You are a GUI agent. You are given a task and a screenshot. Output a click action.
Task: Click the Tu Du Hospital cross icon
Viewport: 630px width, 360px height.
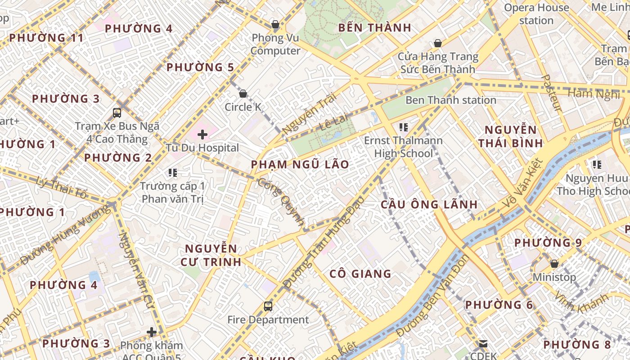202,134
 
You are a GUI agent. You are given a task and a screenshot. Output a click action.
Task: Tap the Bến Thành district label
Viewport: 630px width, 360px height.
374,28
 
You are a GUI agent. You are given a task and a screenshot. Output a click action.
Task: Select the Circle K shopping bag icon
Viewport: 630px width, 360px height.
243,94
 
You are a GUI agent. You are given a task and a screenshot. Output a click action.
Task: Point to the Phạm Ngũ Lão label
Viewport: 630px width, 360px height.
300,165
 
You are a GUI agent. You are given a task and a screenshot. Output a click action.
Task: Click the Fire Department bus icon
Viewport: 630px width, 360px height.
268,306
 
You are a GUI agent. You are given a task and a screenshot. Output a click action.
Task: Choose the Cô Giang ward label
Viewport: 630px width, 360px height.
360,274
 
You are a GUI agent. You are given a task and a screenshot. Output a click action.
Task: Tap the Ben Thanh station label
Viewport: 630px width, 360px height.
450,100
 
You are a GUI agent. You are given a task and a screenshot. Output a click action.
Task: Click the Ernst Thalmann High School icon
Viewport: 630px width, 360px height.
403,127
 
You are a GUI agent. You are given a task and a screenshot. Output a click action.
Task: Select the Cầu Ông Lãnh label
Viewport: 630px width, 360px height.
429,204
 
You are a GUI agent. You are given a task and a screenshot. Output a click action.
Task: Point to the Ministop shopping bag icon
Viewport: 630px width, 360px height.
554,264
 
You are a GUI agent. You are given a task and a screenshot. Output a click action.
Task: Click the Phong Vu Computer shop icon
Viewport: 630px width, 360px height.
275,24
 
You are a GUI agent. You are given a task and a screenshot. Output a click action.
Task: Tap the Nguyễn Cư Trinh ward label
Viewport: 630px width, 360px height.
211,255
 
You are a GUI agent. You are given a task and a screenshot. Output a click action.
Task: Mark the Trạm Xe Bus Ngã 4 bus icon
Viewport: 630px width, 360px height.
117,113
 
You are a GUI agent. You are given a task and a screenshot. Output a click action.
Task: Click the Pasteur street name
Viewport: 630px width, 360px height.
551,93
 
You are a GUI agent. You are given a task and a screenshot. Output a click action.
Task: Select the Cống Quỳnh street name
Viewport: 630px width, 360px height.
282,201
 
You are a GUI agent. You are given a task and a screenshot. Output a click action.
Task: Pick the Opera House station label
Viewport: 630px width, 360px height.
536,14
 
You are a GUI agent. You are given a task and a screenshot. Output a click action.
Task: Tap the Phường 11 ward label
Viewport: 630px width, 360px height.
46,38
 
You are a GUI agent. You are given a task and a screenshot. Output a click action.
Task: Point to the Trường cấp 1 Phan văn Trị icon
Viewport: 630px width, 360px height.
172,172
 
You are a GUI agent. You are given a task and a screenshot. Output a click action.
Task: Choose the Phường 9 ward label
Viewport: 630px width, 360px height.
548,243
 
